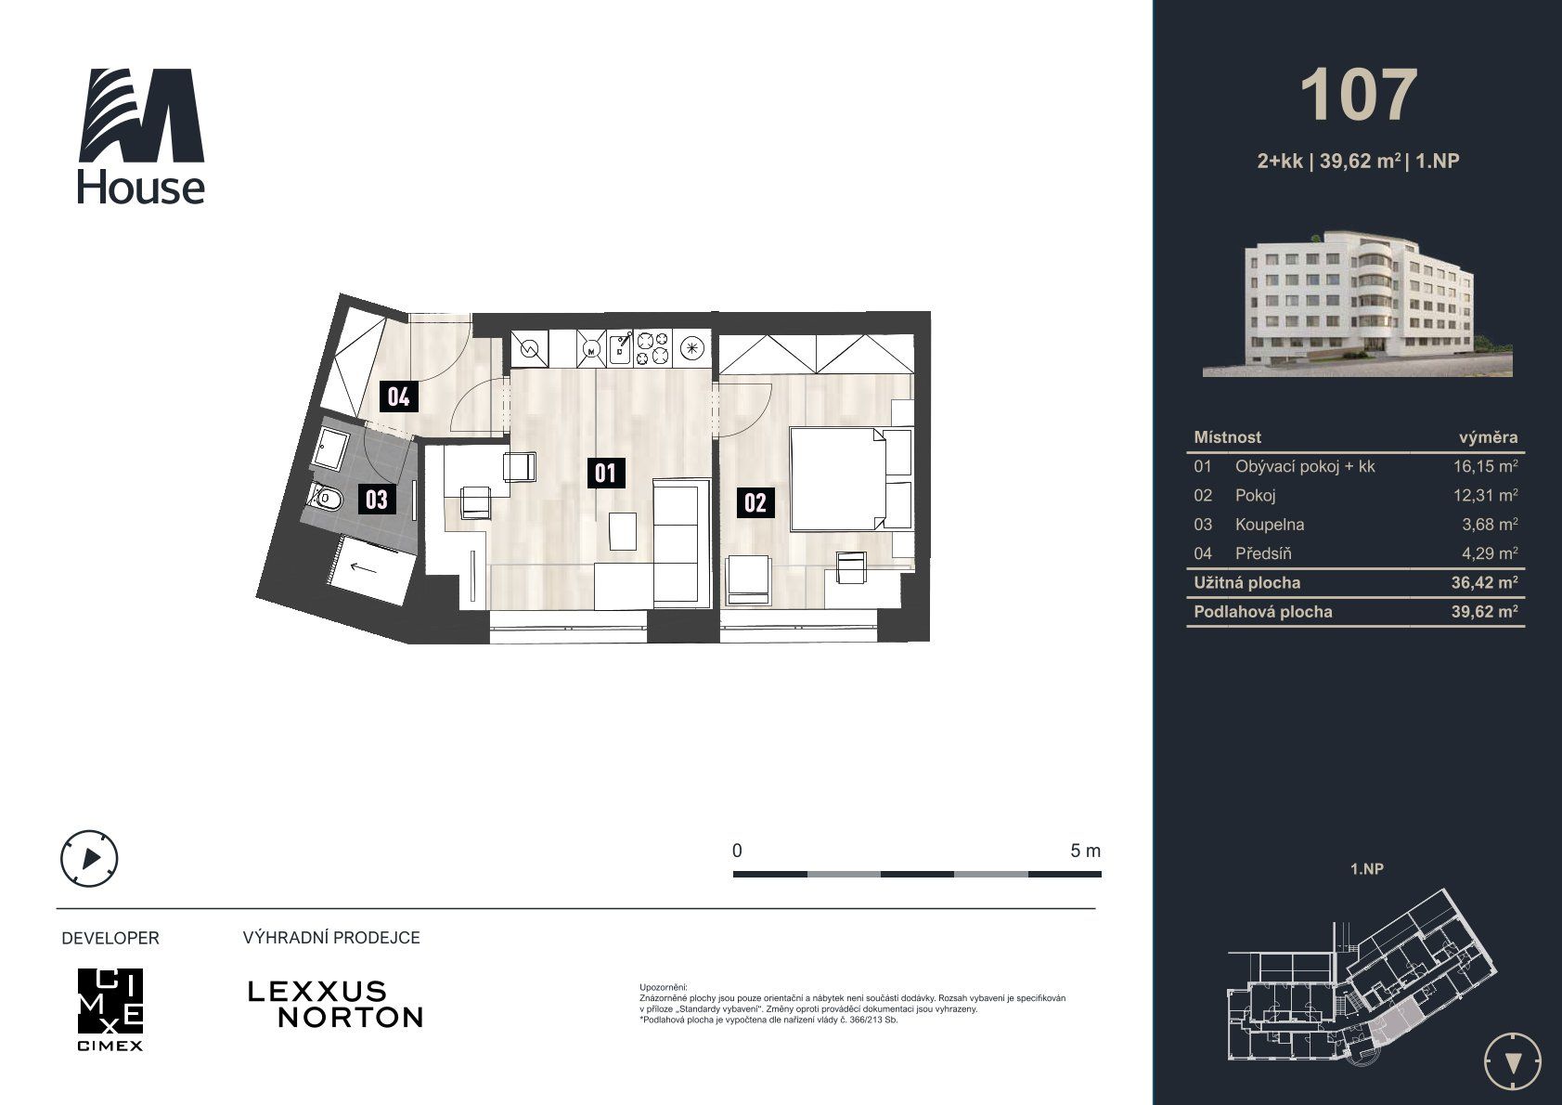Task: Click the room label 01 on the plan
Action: point(605,473)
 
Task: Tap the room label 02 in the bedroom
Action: point(755,502)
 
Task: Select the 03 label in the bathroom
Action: point(377,499)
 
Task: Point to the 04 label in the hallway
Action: point(398,396)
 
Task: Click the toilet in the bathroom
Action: point(326,498)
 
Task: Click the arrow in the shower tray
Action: point(363,568)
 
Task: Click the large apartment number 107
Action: point(1359,96)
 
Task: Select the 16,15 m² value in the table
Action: point(1485,466)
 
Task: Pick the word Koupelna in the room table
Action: point(1269,525)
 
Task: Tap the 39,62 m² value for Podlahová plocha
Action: point(1485,612)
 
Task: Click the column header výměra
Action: point(1488,437)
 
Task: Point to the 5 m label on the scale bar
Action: point(1085,851)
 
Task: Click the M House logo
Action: point(141,136)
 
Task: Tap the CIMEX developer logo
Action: point(110,1009)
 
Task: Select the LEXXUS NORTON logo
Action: point(335,1005)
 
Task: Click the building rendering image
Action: point(1357,303)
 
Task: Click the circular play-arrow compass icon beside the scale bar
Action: point(89,858)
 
